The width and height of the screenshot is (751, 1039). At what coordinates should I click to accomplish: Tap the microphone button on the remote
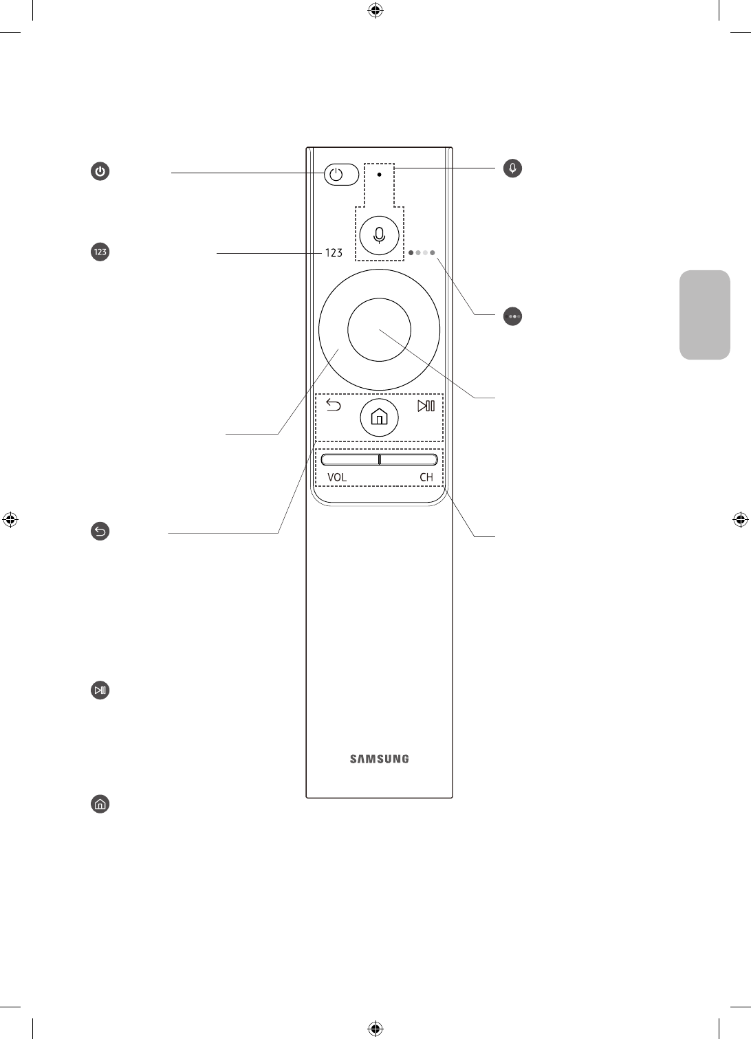coord(379,234)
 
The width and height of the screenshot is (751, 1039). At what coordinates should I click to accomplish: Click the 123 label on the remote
coord(334,253)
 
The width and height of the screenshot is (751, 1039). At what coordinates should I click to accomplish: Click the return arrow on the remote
coord(334,406)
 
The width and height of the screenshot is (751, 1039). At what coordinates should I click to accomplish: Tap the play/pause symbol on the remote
coord(426,406)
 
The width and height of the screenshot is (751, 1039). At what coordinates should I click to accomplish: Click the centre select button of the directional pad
coord(379,329)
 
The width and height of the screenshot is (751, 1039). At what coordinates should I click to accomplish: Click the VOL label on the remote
coord(337,477)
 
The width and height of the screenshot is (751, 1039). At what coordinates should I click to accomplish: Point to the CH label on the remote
coord(426,477)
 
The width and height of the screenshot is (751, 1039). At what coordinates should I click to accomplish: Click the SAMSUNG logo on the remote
coord(379,759)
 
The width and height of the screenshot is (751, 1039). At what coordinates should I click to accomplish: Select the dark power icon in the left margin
coord(100,172)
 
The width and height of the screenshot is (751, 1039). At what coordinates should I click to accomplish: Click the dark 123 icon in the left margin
coord(100,252)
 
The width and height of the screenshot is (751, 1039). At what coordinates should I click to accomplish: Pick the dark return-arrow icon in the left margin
coord(100,531)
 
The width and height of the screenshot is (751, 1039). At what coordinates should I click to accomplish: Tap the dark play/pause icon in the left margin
coord(100,690)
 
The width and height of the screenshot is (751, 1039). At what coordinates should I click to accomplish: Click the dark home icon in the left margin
coord(100,804)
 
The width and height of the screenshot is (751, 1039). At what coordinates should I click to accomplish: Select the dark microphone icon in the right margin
coord(512,168)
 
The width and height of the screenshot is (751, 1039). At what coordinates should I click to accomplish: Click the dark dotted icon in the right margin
coord(513,316)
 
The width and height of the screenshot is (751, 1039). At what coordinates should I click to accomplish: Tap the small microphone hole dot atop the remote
coord(379,175)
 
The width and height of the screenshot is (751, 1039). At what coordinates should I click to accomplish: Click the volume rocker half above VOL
coord(350,459)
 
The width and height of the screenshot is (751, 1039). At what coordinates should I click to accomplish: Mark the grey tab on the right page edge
coord(704,315)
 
